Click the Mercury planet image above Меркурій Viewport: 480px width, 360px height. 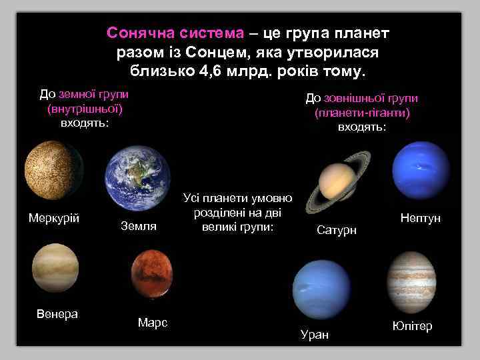(x=53, y=170)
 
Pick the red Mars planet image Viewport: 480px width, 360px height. (x=152, y=275)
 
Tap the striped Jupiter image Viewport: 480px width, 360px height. (x=411, y=280)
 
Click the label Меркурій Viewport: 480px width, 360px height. (x=54, y=219)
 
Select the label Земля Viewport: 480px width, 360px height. (x=138, y=227)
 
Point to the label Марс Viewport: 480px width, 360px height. (x=152, y=323)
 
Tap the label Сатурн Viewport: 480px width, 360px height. (x=337, y=230)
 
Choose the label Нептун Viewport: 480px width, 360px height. (x=420, y=218)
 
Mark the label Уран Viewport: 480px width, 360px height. (x=315, y=335)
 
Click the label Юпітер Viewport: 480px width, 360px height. (x=412, y=326)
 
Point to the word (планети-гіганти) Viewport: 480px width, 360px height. (x=361, y=113)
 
